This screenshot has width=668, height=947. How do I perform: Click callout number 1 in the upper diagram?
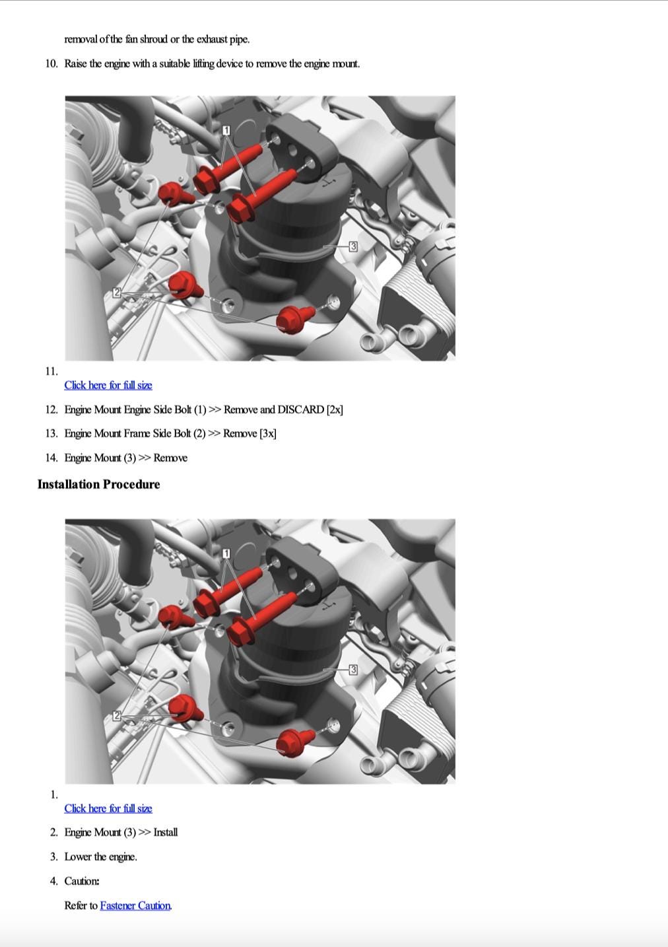[x=226, y=130]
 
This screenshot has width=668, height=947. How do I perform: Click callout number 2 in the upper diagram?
[x=117, y=292]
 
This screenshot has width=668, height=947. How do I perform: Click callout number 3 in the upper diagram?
[x=353, y=246]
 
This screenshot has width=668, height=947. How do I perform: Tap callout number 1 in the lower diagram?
[x=226, y=553]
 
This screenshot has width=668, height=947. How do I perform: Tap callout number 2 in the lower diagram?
[x=117, y=716]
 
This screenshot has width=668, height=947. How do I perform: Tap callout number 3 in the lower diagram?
[x=353, y=670]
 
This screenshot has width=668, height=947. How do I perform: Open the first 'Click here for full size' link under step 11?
[x=108, y=385]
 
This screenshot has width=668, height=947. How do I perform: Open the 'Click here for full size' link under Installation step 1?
[x=108, y=808]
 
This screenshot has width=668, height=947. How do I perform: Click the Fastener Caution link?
[x=135, y=905]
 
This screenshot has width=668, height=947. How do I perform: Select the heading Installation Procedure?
[x=98, y=484]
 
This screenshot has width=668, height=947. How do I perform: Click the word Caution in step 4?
[x=82, y=881]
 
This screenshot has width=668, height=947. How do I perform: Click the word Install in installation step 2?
[x=166, y=833]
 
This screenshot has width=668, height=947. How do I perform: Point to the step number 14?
[x=51, y=458]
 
